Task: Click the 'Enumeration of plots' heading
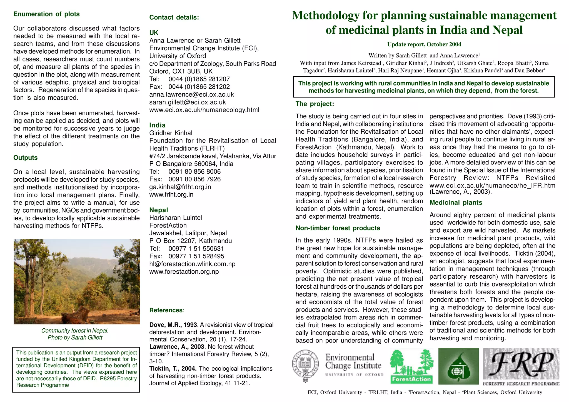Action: (x=46, y=14)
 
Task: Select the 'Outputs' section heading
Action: (x=25, y=158)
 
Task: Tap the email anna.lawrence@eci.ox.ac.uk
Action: (x=191, y=94)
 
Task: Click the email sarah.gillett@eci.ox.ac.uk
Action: (x=188, y=102)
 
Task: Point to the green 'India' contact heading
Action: (x=157, y=125)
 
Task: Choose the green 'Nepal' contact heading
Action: (x=159, y=210)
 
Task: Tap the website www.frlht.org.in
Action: (x=171, y=194)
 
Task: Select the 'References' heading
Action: (x=166, y=310)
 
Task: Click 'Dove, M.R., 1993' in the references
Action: (x=173, y=325)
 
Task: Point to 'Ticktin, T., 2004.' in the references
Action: (x=173, y=369)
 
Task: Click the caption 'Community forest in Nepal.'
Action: (x=75, y=331)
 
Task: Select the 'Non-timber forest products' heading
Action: (x=338, y=228)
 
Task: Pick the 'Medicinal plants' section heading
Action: (x=456, y=203)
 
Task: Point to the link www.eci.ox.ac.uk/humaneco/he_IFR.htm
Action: (x=492, y=186)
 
